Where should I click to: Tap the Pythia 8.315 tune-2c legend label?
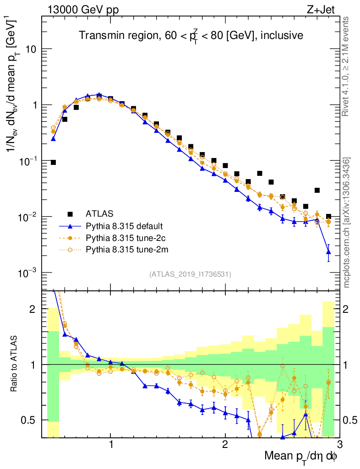point(124,238)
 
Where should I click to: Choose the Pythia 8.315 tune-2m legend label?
point(125,250)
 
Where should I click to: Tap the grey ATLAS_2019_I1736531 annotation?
point(190,274)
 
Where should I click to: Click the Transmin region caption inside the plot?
point(190,35)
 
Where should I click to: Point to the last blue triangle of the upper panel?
point(328,252)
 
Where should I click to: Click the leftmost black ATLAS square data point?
point(53,163)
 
